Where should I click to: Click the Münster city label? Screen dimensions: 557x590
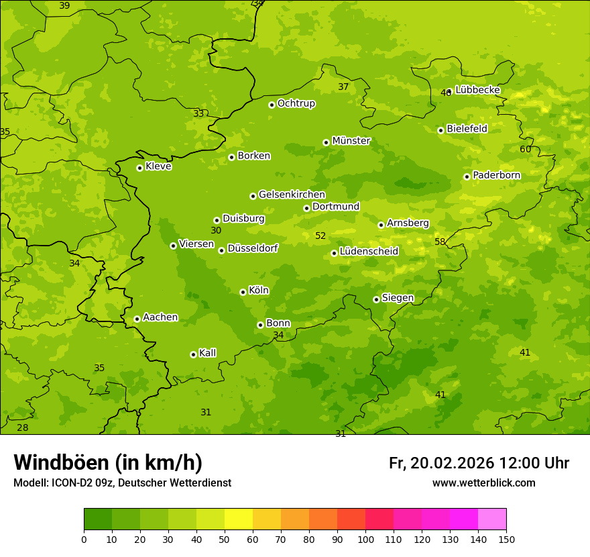tap(351, 141)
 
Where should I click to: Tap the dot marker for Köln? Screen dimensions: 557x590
tap(243, 292)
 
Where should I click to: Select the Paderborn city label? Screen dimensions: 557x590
tap(496, 175)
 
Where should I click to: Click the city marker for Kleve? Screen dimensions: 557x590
tap(139, 168)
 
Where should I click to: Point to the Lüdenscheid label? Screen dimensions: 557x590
tap(369, 252)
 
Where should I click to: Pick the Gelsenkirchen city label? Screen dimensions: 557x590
tap(292, 195)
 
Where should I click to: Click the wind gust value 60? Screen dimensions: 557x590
tap(525, 149)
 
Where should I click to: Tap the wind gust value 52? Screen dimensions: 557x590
tap(320, 236)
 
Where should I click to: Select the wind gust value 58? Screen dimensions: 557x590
tap(440, 242)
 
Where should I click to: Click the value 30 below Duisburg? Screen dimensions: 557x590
tap(216, 230)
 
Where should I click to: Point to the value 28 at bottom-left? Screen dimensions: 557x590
tap(23, 427)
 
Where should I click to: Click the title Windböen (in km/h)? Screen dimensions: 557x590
tap(108, 462)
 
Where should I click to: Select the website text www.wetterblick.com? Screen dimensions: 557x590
tap(483, 483)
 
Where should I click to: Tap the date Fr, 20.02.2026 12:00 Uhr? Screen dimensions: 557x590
tap(479, 463)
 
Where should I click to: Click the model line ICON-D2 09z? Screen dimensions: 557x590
tap(122, 483)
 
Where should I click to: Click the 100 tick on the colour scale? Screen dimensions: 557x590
tap(365, 539)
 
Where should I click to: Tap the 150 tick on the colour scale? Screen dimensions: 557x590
tap(506, 539)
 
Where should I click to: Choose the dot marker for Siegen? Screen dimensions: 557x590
tap(376, 299)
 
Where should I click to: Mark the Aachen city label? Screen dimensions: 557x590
tap(160, 317)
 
